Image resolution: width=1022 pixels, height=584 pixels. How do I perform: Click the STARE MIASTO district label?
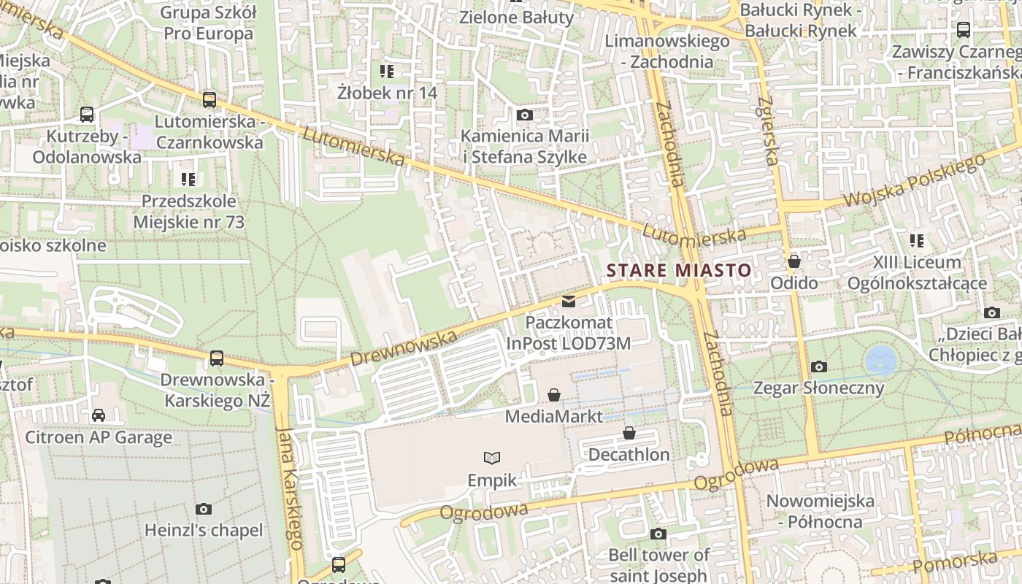click(679, 270)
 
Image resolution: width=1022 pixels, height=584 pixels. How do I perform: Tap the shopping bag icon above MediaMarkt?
click(554, 395)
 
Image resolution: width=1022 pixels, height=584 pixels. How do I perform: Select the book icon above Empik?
click(493, 458)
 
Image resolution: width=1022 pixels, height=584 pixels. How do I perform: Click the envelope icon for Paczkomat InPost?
click(569, 301)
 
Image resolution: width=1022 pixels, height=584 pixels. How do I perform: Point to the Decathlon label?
click(629, 455)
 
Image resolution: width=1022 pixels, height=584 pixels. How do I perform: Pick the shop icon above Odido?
click(794, 261)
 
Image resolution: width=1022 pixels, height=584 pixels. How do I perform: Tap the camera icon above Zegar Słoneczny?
click(819, 366)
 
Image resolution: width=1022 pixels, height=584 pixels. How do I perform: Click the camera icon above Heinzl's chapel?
click(204, 509)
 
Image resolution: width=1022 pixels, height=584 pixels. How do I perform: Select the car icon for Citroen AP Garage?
click(99, 415)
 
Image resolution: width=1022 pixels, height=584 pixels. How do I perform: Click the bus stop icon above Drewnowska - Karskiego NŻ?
click(217, 358)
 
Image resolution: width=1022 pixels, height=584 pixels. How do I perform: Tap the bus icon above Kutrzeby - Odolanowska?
click(87, 115)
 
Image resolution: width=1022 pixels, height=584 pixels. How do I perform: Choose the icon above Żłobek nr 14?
click(387, 71)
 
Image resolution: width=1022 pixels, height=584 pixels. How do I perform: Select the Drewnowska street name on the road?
click(403, 349)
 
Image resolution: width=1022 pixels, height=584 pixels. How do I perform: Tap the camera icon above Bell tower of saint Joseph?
click(658, 534)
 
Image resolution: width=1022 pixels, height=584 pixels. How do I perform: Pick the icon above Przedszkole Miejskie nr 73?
click(188, 179)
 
